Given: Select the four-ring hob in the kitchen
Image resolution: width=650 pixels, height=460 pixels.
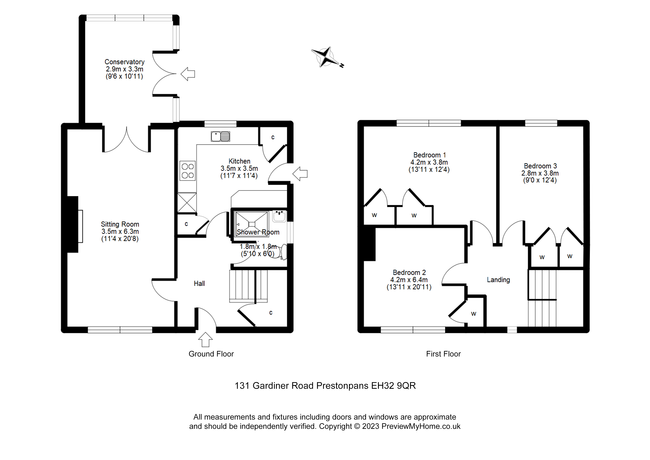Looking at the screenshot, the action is (187, 171).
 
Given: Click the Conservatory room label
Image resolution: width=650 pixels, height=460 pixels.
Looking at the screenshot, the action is (125, 62).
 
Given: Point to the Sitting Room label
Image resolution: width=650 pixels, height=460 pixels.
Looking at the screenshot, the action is (120, 224).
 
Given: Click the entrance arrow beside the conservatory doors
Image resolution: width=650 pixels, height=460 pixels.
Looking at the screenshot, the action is (188, 74).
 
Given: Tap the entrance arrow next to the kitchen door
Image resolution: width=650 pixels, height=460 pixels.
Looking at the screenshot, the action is (300, 174).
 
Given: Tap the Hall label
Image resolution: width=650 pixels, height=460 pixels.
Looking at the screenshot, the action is (199, 283).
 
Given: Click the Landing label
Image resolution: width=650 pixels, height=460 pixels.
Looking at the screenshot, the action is (498, 280).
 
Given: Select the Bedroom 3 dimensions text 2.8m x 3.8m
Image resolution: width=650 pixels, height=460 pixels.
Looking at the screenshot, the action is (540, 173).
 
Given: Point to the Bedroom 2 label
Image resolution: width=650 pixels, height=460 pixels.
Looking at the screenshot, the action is (409, 272).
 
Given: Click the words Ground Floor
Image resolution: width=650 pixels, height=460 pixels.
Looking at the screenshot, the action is (211, 354).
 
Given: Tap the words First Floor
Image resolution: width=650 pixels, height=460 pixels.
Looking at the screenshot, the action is (443, 354).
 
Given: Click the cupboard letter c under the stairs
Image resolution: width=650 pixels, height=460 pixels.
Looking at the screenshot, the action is (271, 313).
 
